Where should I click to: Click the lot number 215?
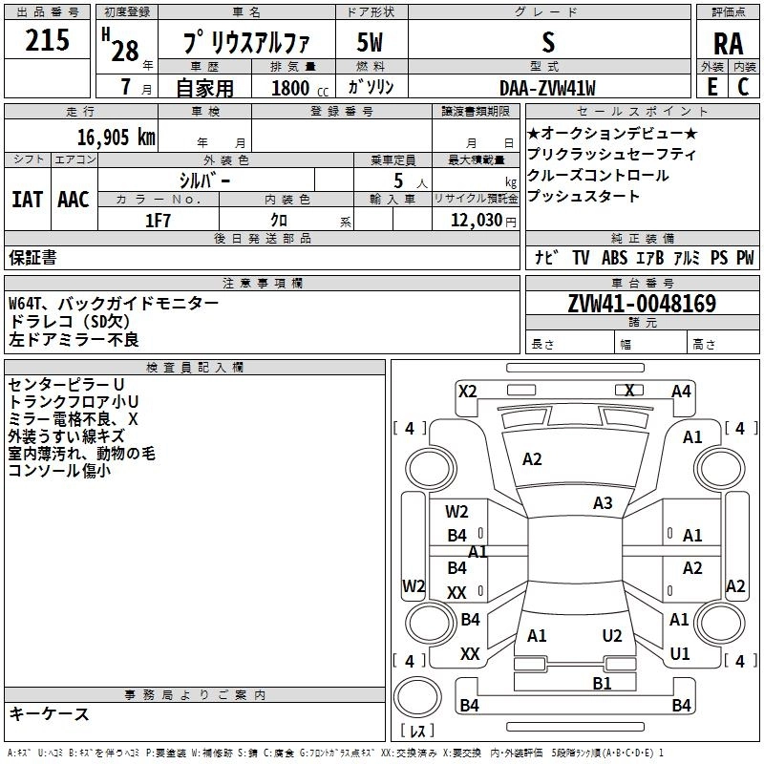tap(47, 41)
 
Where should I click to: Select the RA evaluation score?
tap(728, 44)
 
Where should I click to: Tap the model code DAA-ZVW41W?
tap(548, 88)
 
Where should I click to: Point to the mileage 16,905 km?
tap(111, 137)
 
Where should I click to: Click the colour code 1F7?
tap(157, 221)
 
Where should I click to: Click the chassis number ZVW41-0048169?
tap(642, 304)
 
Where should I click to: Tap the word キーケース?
tap(50, 713)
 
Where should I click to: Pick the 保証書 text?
tap(32, 257)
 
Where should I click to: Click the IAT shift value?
tap(27, 200)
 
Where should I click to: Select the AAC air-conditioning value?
tap(74, 200)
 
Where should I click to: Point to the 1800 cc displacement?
tap(291, 88)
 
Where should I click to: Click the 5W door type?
tap(371, 43)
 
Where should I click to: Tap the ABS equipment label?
tap(614, 257)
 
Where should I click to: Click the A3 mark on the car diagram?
tap(603, 502)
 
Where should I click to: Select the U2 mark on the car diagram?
tap(612, 635)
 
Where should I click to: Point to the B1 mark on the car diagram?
tap(602, 682)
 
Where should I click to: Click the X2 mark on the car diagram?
tap(467, 390)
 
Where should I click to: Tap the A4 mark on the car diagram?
tap(681, 391)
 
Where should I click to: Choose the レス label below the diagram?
tap(417, 732)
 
